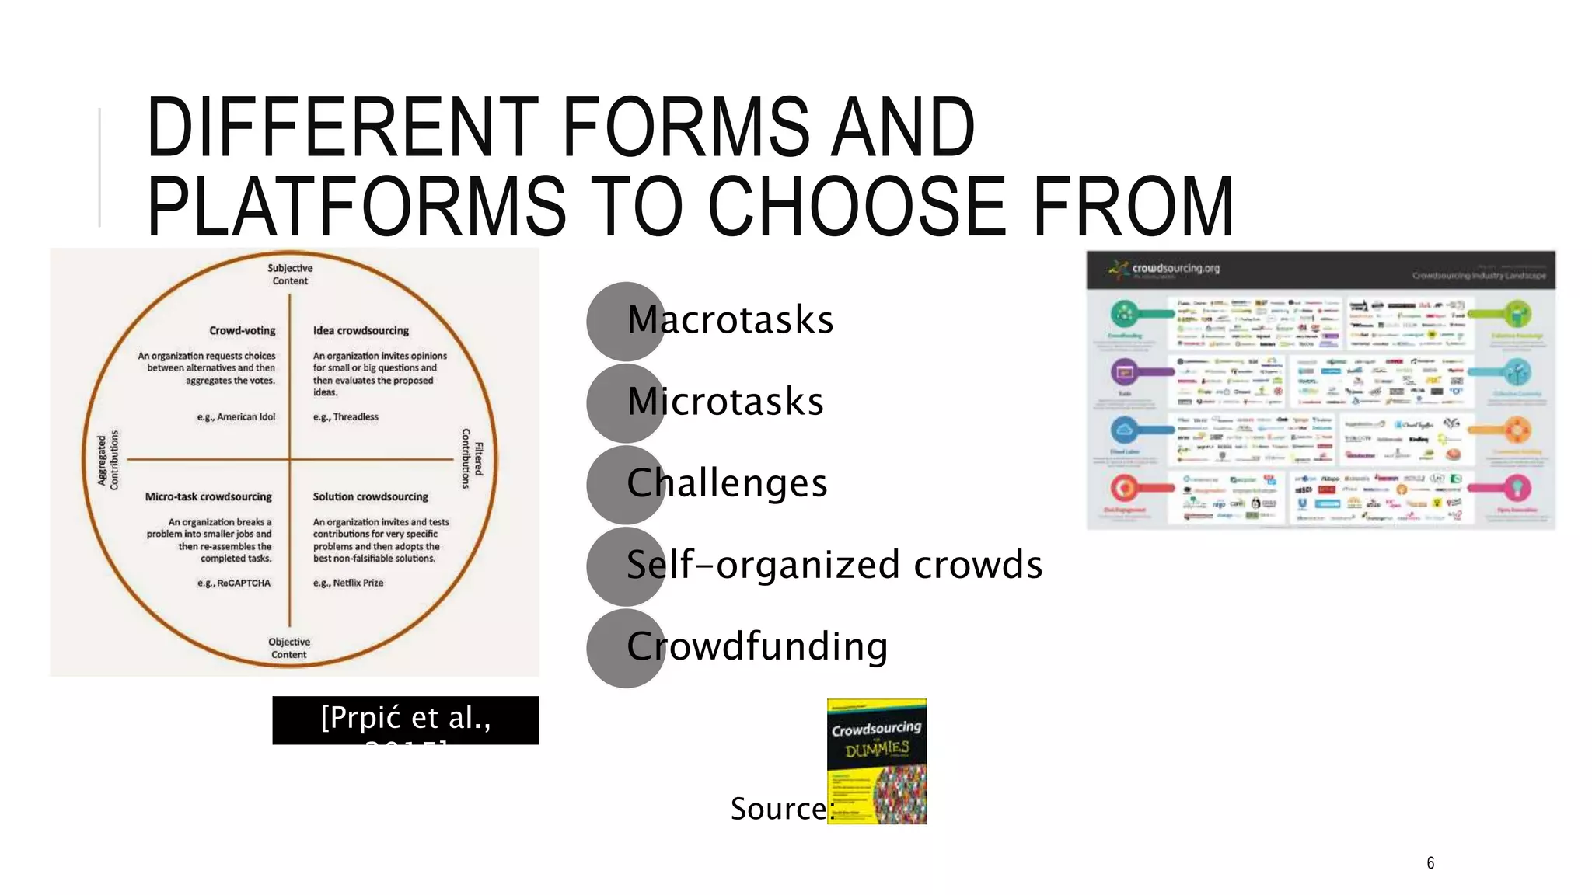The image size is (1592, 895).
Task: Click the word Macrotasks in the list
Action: pyautogui.click(x=730, y=320)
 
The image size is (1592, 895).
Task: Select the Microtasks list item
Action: pyautogui.click(x=724, y=402)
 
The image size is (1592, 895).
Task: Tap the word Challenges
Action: pyautogui.click(x=727, y=483)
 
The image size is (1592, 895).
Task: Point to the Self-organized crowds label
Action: pyautogui.click(x=834, y=565)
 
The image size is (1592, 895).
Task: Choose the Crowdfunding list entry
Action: pyautogui.click(x=757, y=646)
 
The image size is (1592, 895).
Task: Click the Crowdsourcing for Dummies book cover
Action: pyautogui.click(x=876, y=761)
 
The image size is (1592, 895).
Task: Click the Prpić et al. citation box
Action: pyautogui.click(x=405, y=720)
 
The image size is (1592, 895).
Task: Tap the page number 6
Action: pyautogui.click(x=1430, y=863)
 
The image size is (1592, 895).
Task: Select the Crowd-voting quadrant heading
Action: pyautogui.click(x=242, y=330)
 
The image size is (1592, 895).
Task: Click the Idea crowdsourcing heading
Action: pyautogui.click(x=361, y=330)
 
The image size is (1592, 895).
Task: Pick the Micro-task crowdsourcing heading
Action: pyautogui.click(x=208, y=496)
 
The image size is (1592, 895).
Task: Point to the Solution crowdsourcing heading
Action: pyautogui.click(x=370, y=496)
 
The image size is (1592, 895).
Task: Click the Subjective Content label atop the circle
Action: pyautogui.click(x=290, y=274)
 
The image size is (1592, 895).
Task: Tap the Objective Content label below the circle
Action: pyautogui.click(x=289, y=648)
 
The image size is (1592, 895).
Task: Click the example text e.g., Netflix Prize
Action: pyautogui.click(x=348, y=583)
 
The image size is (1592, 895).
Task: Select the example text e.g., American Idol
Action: pyautogui.click(x=236, y=417)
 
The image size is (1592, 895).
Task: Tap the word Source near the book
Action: pyautogui.click(x=778, y=809)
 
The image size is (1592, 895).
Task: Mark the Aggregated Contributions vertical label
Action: pyautogui.click(x=108, y=460)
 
